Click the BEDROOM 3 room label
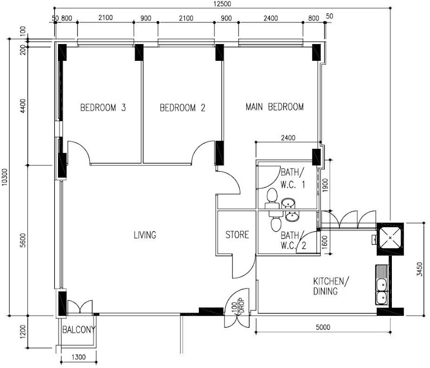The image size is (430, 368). [103, 107]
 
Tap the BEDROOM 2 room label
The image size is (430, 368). [182, 108]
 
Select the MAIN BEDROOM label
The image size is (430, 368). [275, 107]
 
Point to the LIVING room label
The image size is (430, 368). [145, 235]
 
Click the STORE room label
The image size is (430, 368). [237, 235]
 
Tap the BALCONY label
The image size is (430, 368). [79, 329]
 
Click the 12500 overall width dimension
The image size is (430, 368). [222, 4]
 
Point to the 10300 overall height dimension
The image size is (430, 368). [5, 177]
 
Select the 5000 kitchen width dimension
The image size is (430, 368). [323, 327]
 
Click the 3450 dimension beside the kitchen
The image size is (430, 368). [420, 269]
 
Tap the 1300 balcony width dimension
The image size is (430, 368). [78, 357]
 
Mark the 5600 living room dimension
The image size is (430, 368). [23, 240]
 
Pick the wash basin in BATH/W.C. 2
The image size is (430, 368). [292, 216]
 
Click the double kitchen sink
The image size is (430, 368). [382, 285]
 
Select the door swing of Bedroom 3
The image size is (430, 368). [79, 153]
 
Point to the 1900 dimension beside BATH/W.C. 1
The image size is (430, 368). [325, 185]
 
